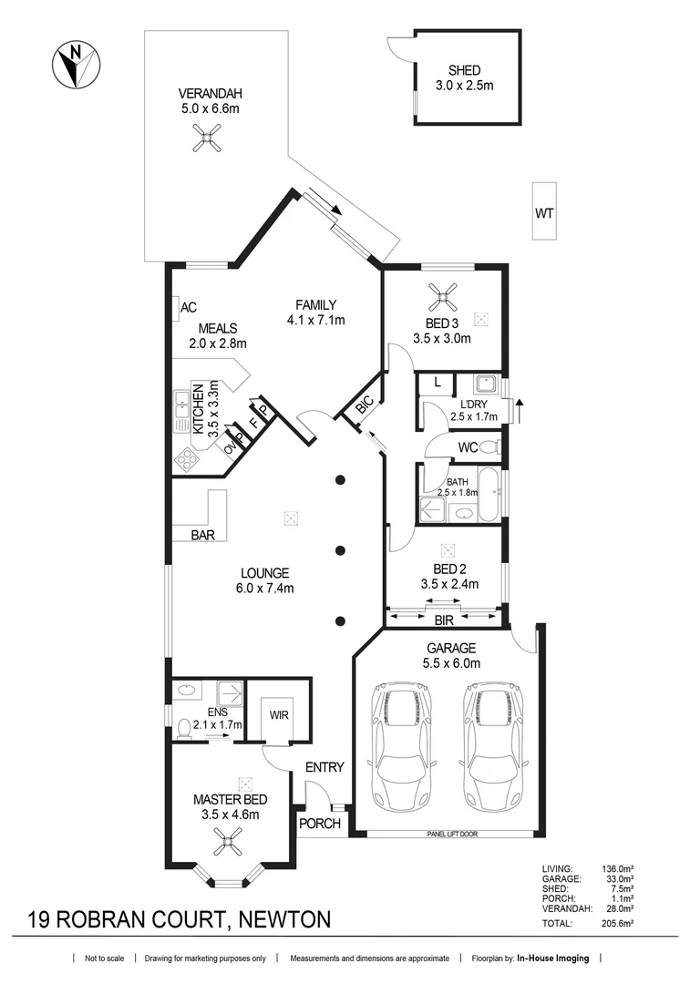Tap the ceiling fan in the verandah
coord(206,138)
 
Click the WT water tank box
coord(544,213)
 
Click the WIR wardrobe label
coord(279,715)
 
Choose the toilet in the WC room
coord(489,447)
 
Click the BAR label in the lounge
coord(202,536)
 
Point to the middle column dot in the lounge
coord(340,550)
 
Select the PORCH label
coord(320,824)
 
